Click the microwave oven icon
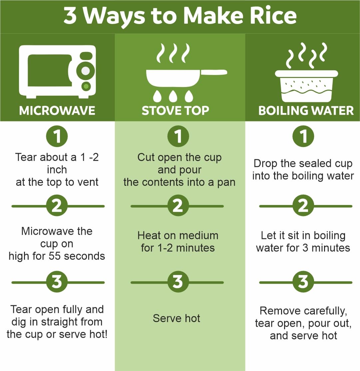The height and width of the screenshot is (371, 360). click(x=57, y=72)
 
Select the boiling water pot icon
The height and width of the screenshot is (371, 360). click(x=306, y=86)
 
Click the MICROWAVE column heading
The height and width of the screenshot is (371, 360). click(x=57, y=110)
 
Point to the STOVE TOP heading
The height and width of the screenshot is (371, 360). click(x=176, y=110)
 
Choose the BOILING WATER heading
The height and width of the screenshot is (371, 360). click(x=306, y=110)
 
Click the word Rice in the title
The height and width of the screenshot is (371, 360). click(x=273, y=16)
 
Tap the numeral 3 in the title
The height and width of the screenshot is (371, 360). click(x=70, y=16)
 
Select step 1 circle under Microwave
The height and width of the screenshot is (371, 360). click(x=57, y=136)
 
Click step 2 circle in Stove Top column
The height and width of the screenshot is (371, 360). click(x=178, y=205)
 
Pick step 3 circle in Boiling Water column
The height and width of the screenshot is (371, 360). click(x=303, y=282)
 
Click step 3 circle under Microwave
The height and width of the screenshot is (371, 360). click(x=57, y=282)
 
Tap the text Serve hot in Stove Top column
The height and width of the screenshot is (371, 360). click(x=177, y=318)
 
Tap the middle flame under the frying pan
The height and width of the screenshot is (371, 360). click(x=173, y=96)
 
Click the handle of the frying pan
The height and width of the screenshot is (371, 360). click(x=214, y=72)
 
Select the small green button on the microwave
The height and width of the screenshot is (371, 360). click(x=86, y=86)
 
